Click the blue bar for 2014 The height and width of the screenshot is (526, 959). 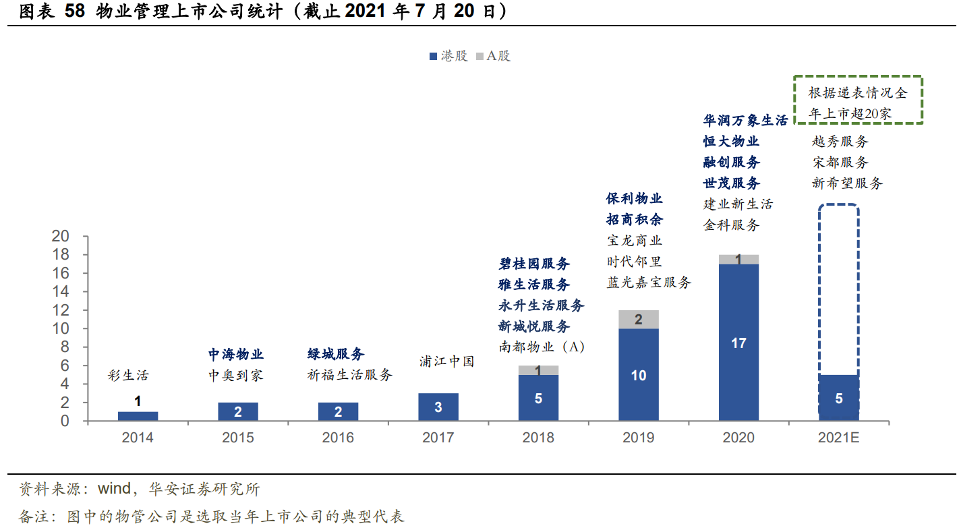tap(138, 416)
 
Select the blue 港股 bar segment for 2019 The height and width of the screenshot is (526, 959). tap(638, 375)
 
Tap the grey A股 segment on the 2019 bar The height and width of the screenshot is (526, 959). tap(638, 320)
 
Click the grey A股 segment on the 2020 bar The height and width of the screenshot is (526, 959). tap(738, 260)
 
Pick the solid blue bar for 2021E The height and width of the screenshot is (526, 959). tap(838, 398)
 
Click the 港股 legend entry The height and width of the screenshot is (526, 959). tap(448, 56)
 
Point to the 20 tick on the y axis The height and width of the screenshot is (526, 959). tap(61, 237)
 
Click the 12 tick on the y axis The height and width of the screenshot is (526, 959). tap(61, 310)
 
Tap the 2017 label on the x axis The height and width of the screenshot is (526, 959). tap(438, 438)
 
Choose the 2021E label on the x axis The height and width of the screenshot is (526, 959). tap(838, 438)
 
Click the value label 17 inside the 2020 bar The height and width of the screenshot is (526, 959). tap(738, 343)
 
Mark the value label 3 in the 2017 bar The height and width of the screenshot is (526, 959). tap(438, 407)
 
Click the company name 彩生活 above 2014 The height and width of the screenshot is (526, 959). tap(128, 376)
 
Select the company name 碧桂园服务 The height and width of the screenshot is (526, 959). tap(534, 264)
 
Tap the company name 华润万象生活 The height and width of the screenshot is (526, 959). tap(745, 121)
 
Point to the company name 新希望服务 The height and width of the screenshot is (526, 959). tap(847, 183)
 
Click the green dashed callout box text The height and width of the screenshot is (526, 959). tap(857, 103)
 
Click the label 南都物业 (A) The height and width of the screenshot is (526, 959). tap(542, 347)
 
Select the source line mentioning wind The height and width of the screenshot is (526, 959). tap(139, 489)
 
